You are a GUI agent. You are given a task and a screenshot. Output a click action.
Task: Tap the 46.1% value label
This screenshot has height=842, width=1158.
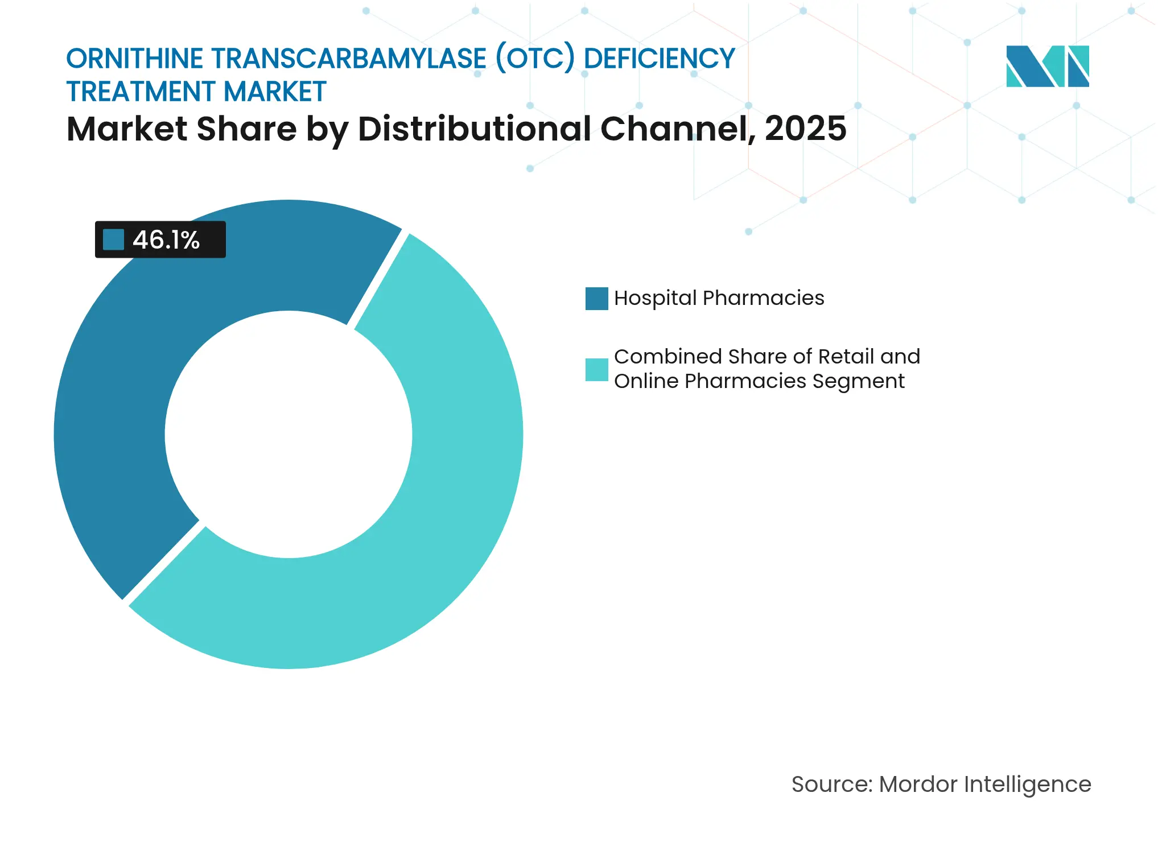click(x=166, y=240)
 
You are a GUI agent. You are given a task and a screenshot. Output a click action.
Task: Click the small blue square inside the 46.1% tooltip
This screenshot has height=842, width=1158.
click(x=113, y=240)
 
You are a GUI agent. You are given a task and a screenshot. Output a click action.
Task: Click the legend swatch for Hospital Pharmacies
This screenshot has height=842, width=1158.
click(x=596, y=299)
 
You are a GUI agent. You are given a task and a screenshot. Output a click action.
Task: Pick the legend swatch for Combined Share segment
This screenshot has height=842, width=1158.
click(x=596, y=369)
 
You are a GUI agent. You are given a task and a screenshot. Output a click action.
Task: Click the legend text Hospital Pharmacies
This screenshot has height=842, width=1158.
click(x=719, y=298)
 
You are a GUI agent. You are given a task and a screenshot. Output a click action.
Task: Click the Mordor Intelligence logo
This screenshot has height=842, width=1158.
click(x=1047, y=66)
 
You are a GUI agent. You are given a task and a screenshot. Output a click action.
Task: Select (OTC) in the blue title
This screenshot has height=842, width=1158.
click(x=535, y=59)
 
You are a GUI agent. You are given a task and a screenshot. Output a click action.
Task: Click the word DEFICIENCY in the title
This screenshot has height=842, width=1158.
click(x=660, y=59)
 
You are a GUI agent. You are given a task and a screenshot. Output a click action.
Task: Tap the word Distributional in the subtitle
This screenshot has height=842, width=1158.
click(x=475, y=129)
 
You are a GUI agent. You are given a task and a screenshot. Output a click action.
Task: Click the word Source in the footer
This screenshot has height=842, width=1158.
click(x=831, y=785)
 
